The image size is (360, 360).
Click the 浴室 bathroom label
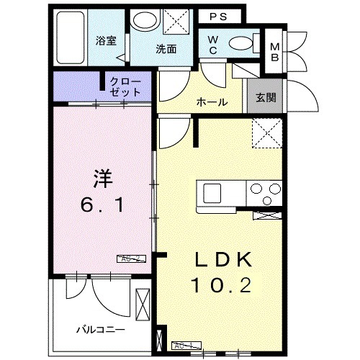coord(107,41)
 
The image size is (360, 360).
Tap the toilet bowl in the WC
coord(241,42)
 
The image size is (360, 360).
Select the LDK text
coord(221,259)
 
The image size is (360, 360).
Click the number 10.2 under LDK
coord(221,287)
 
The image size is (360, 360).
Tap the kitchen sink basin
coord(213,193)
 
